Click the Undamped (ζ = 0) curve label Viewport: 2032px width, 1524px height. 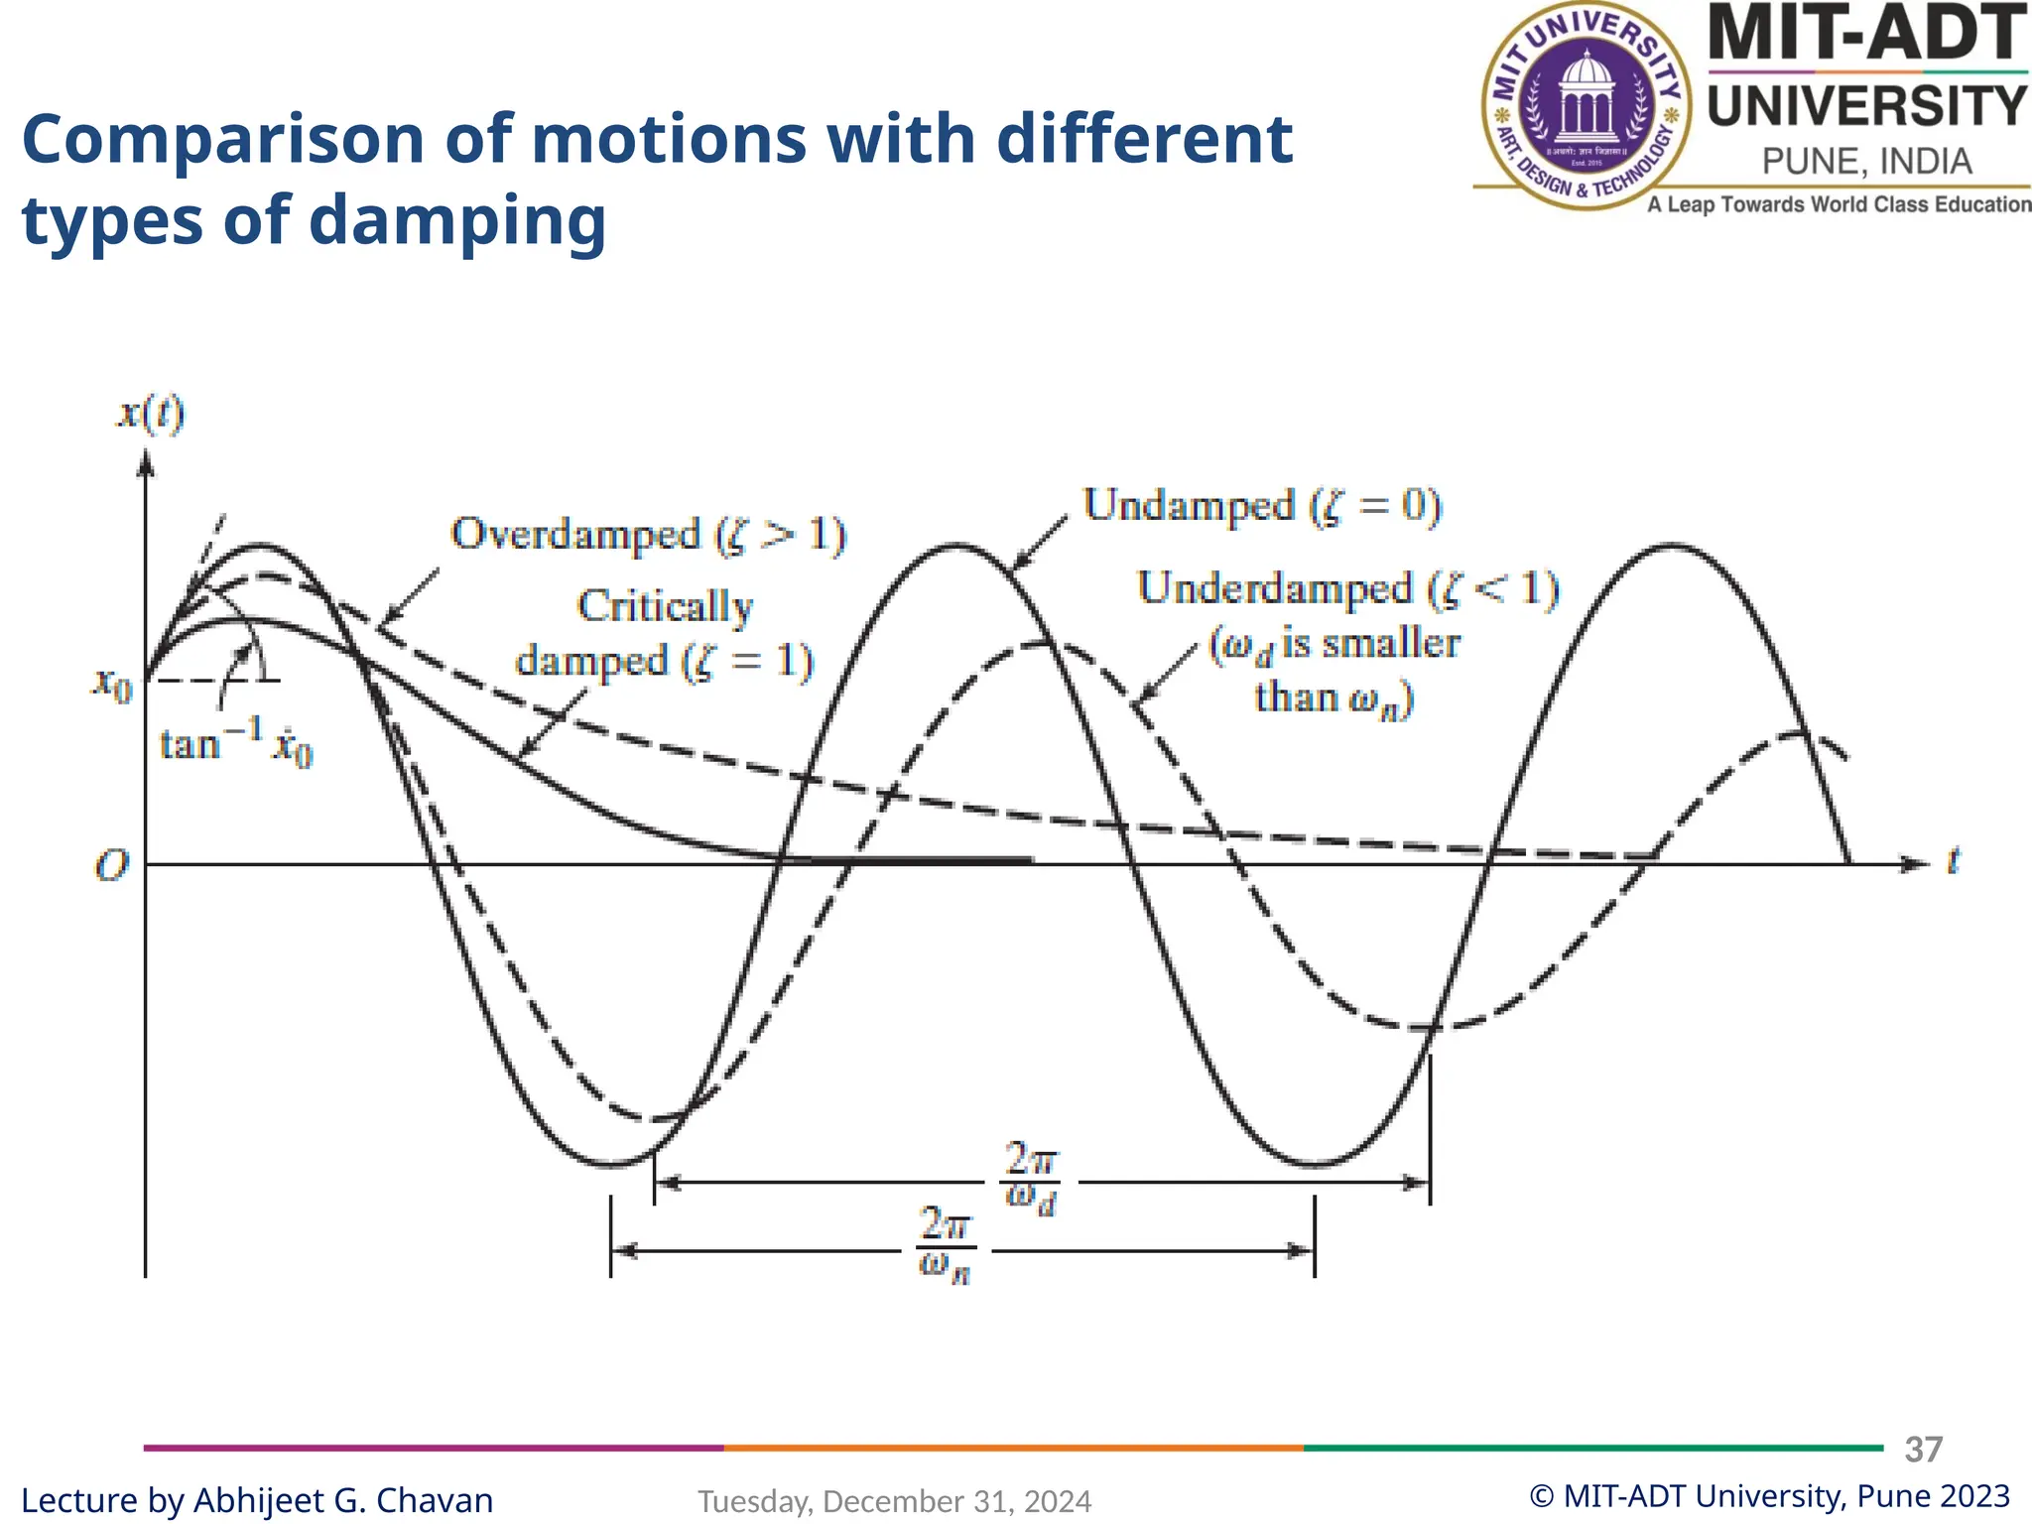point(1261,506)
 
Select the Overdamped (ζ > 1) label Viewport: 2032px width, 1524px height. point(648,535)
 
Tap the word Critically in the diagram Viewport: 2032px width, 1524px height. point(665,606)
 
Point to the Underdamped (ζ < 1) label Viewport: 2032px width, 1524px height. point(1347,588)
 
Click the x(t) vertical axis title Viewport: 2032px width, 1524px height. point(151,413)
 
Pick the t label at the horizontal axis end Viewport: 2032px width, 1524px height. point(1952,859)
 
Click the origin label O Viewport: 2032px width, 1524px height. point(111,865)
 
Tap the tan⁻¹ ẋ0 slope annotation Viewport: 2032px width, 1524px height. point(236,744)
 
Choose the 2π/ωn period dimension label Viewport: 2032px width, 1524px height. point(945,1245)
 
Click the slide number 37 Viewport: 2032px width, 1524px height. point(1923,1450)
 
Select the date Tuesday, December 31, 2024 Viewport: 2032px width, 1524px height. point(894,1501)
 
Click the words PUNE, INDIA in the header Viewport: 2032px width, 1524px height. point(1866,162)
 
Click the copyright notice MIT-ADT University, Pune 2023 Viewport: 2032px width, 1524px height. point(1769,1496)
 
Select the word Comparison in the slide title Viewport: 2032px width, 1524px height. point(223,139)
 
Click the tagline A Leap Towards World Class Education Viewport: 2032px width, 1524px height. point(1839,204)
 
